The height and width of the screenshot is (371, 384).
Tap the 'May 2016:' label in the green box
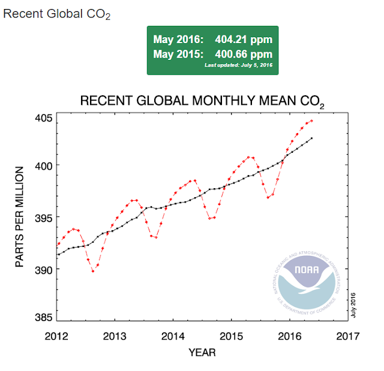click(179, 40)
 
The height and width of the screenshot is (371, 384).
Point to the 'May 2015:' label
click(179, 53)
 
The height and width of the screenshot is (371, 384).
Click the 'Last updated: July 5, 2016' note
click(239, 64)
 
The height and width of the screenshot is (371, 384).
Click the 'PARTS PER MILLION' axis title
click(19, 216)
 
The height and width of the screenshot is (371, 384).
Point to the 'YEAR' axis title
click(202, 352)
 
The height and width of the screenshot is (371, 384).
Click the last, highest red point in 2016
click(311, 120)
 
